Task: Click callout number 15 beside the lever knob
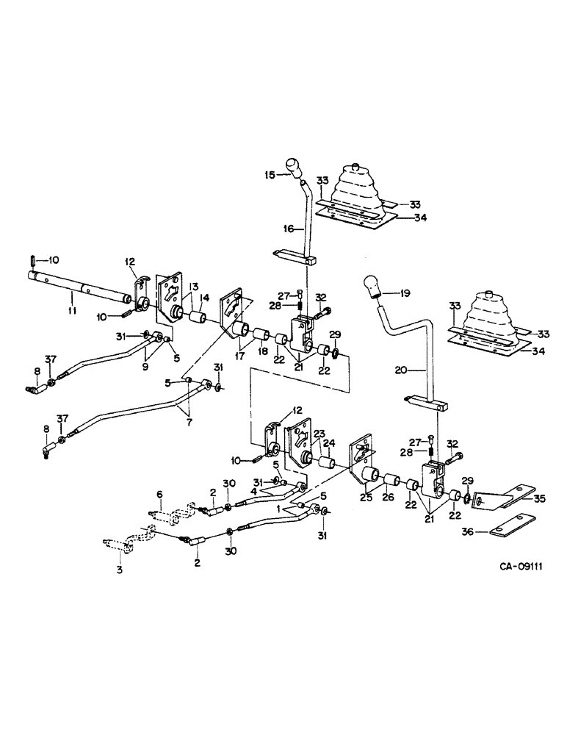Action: pyautogui.click(x=270, y=175)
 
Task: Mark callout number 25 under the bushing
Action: pyautogui.click(x=366, y=499)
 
